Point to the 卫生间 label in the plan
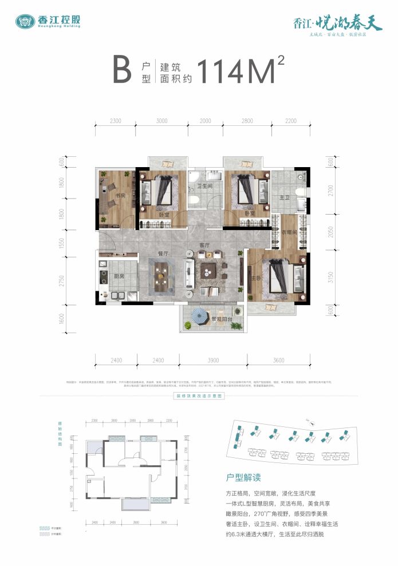[205, 187]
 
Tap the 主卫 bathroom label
[284, 197]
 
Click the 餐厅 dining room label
[162, 252]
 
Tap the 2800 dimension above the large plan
[247, 121]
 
